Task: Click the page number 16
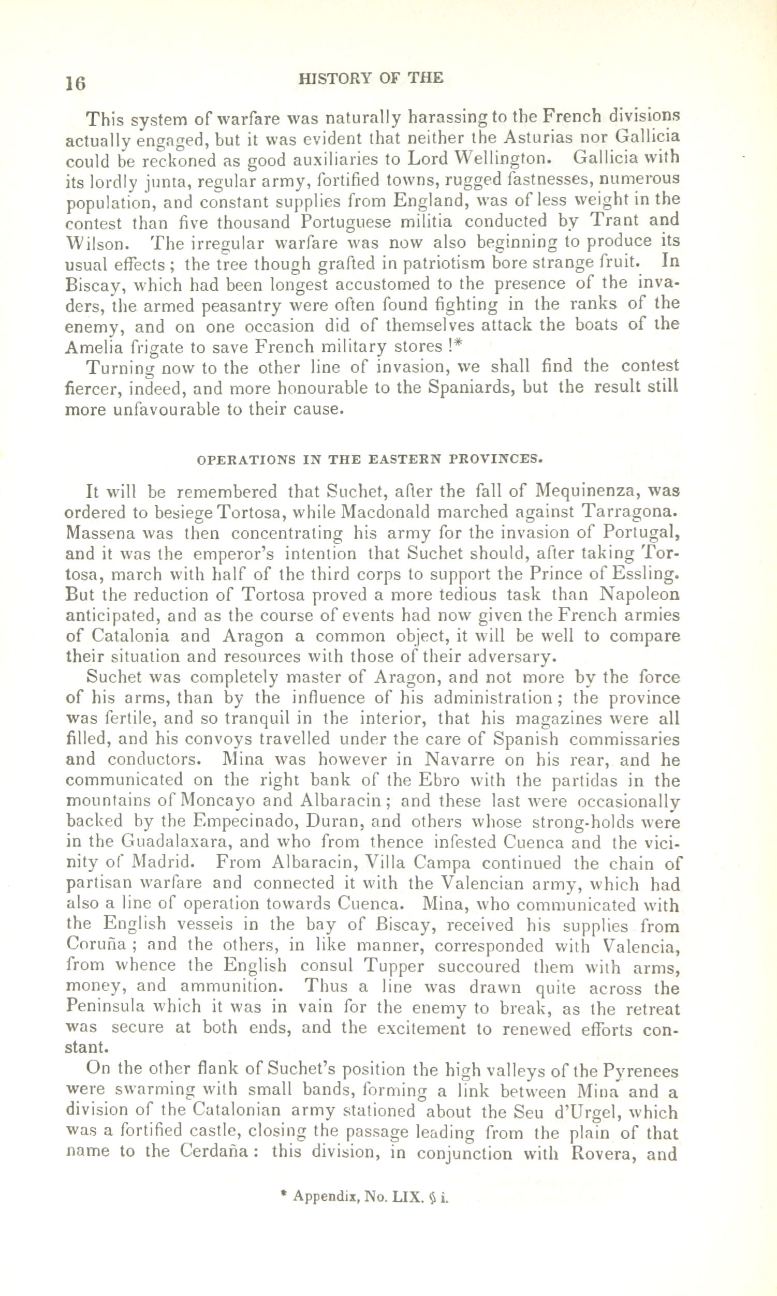[75, 82]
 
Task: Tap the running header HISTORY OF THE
[370, 79]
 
